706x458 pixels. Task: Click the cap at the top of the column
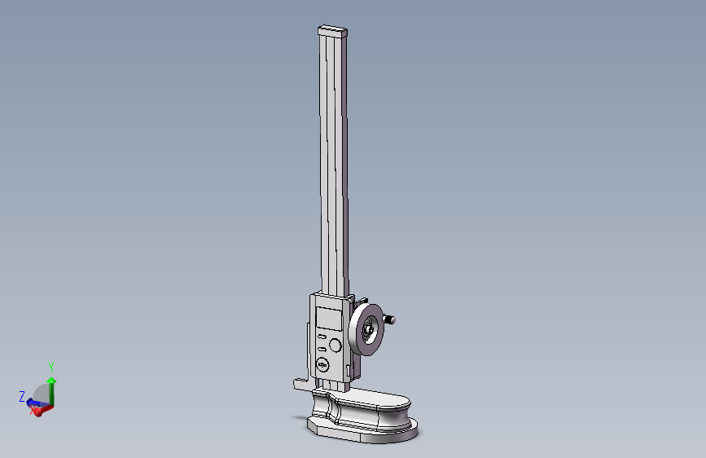click(333, 31)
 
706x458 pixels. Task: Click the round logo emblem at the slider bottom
click(322, 365)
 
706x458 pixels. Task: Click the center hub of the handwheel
click(370, 330)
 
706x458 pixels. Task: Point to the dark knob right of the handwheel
click(392, 319)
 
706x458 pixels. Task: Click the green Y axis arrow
click(51, 389)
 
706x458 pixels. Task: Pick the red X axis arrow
click(41, 408)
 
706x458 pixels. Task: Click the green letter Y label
click(51, 367)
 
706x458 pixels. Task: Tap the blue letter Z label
click(22, 397)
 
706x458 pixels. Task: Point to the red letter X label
click(33, 412)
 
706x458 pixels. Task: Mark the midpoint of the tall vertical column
click(333, 163)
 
